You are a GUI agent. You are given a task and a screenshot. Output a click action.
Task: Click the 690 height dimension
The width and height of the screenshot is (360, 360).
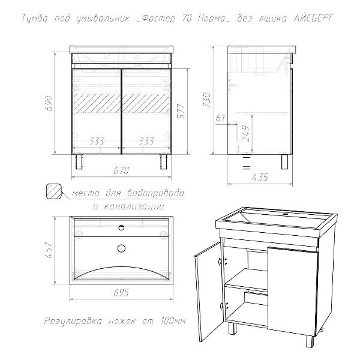click(50, 103)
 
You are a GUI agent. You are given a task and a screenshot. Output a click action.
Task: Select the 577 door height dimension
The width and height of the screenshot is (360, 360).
click(182, 112)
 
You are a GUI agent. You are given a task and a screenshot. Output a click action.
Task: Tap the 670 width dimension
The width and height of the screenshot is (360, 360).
click(121, 170)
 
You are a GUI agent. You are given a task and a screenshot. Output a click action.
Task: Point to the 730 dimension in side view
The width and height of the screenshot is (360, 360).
click(206, 100)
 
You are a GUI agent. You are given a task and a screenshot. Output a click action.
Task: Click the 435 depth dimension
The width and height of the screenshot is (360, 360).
click(260, 177)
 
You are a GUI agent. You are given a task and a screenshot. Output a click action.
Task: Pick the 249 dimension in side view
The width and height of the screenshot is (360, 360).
click(245, 133)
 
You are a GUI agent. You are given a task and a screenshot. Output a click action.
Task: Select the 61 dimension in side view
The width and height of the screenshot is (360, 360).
click(220, 118)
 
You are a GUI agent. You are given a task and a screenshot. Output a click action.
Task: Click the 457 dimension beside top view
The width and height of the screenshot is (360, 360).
click(50, 250)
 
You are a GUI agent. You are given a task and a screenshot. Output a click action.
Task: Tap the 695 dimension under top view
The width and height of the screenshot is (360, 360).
click(121, 293)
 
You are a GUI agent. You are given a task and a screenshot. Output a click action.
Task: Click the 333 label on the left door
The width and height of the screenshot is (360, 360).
click(97, 141)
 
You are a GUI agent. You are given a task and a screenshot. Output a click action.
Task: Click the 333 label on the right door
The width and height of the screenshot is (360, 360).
click(146, 141)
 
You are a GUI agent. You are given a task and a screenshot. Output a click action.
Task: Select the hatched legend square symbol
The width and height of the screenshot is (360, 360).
click(54, 191)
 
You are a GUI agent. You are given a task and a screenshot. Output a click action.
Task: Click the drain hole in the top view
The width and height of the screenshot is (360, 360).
click(121, 248)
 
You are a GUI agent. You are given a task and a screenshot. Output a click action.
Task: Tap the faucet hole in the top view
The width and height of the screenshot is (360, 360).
click(121, 227)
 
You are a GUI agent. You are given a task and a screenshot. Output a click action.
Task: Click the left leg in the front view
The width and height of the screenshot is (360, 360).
click(79, 161)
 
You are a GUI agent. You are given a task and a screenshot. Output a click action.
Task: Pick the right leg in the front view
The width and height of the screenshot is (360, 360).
click(164, 161)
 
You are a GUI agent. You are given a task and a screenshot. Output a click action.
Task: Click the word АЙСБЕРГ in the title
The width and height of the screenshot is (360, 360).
click(313, 19)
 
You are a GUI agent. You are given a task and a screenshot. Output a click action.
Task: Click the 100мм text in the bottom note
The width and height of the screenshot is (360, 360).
click(173, 320)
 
